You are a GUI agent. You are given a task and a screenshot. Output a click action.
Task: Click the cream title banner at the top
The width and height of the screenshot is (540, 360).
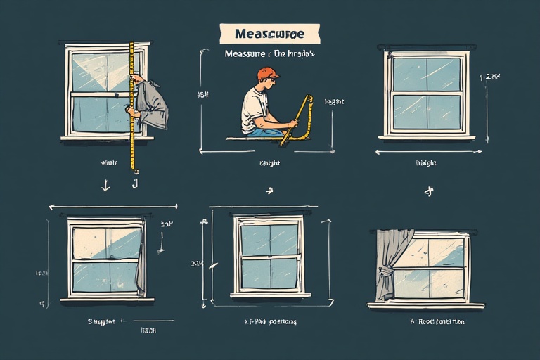(x=269, y=33)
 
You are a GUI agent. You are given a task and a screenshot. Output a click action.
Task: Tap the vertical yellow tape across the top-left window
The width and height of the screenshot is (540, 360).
(x=131, y=105)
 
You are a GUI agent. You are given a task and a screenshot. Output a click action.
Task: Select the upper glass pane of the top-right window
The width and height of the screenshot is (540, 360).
(x=425, y=74)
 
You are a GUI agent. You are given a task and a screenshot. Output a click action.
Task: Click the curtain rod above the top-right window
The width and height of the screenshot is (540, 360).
(x=425, y=48)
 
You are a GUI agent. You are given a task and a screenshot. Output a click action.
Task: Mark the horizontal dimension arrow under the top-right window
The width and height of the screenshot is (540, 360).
(x=425, y=152)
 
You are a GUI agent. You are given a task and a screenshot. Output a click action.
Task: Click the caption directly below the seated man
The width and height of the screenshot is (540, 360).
(x=269, y=163)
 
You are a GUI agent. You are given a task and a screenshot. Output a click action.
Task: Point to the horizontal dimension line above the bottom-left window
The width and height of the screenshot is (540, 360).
(x=112, y=207)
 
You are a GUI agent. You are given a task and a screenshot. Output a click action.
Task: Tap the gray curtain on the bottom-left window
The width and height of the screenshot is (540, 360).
(x=141, y=260)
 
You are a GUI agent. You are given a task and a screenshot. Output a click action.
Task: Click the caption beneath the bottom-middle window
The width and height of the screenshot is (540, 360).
(x=269, y=321)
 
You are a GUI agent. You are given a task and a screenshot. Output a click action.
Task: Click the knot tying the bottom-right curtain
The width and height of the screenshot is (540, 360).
(x=385, y=269)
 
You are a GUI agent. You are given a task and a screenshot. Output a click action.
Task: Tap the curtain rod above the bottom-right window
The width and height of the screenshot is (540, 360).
(x=426, y=231)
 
